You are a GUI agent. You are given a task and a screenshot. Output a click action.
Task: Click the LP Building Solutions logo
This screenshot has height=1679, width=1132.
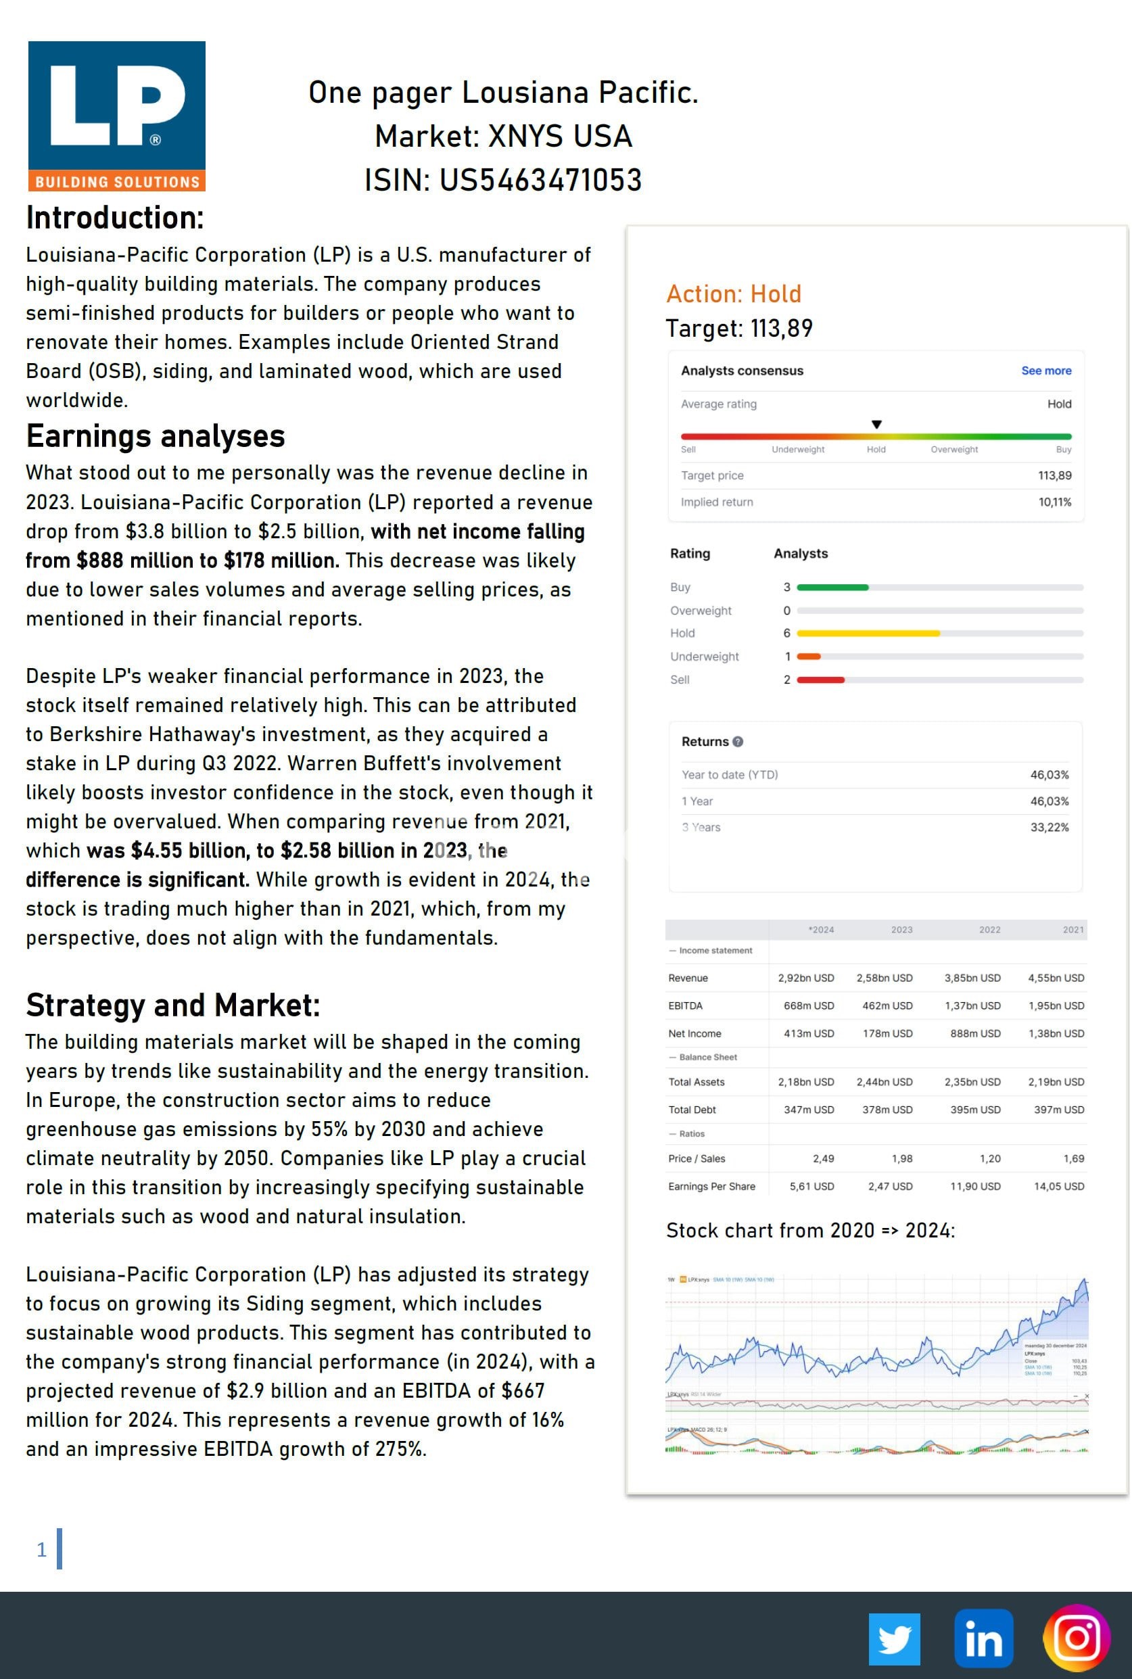point(117,116)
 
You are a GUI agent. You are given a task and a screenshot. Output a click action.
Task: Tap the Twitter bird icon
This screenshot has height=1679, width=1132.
point(894,1638)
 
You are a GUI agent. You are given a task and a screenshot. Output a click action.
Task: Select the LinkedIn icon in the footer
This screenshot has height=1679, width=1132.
point(983,1638)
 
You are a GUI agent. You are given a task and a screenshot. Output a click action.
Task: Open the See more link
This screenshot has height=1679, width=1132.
point(1045,371)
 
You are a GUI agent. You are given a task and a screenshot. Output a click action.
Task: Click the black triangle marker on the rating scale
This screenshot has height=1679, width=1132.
point(876,425)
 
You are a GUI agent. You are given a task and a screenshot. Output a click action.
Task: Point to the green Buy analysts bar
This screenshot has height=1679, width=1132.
point(832,588)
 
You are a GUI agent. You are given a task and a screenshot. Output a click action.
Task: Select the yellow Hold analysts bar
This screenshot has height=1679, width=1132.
point(868,633)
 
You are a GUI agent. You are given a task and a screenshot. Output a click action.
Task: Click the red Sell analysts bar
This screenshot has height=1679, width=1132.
point(821,680)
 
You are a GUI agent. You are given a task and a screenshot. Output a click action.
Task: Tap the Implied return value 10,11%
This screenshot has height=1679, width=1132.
point(1055,502)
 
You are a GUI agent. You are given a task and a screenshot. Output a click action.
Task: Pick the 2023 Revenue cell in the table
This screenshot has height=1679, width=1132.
point(885,978)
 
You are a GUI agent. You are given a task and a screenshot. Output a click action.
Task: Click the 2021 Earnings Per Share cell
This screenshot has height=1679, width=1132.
point(1058,1186)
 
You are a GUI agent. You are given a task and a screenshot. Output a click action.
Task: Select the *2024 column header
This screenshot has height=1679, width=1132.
point(821,930)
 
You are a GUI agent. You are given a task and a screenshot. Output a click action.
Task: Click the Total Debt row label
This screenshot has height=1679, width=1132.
point(692,1110)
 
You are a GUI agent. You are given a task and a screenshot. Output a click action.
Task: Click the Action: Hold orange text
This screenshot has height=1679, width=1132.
point(734,293)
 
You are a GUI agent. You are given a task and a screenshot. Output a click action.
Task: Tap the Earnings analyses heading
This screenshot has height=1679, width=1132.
point(156,436)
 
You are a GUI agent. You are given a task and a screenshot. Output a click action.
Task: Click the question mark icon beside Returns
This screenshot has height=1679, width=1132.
point(738,741)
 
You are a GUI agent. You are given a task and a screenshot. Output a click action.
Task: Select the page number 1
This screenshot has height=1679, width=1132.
point(42,1550)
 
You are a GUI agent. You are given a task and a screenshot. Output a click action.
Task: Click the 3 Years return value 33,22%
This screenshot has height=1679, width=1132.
point(1049,827)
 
